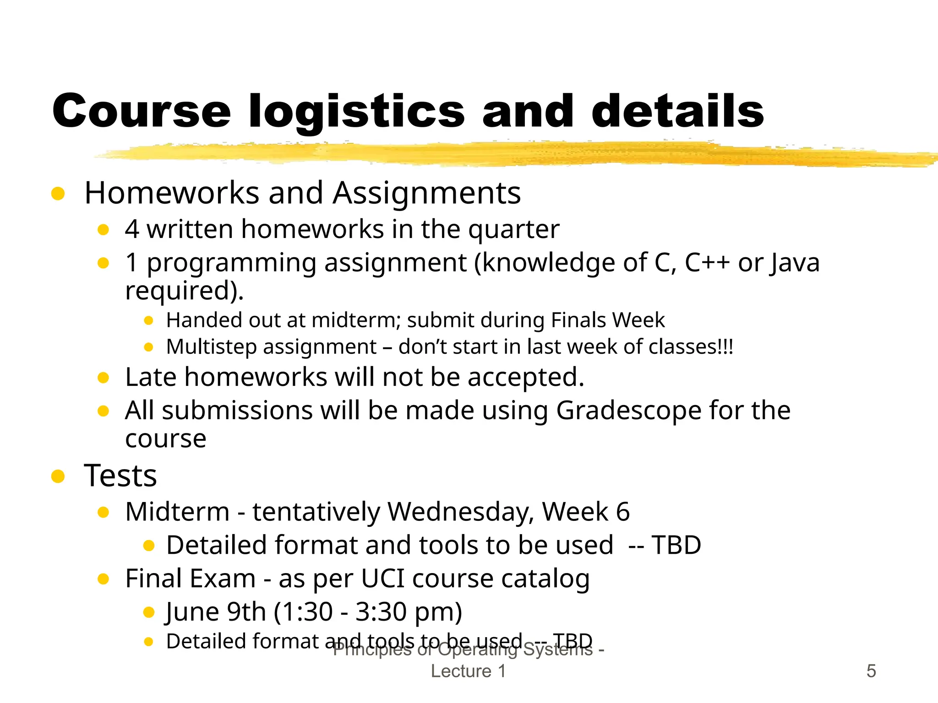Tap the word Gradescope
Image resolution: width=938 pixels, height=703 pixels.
[x=628, y=410]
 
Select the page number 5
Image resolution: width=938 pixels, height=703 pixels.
[x=871, y=671]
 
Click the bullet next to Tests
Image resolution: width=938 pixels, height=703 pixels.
[x=58, y=476]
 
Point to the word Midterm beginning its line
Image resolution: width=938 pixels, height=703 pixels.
[x=177, y=512]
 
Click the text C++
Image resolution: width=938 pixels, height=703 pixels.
[x=707, y=263]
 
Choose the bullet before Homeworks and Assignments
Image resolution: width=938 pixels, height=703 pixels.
[x=58, y=193]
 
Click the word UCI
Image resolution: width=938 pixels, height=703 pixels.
[x=383, y=579]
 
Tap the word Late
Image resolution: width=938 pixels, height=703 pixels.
[x=151, y=377]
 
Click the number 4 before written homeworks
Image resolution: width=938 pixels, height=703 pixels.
[x=132, y=229]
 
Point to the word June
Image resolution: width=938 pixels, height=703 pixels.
[x=193, y=612]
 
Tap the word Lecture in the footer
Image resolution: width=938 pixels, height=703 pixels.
[x=461, y=671]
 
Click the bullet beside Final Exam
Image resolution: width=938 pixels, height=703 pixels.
[x=104, y=579]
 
